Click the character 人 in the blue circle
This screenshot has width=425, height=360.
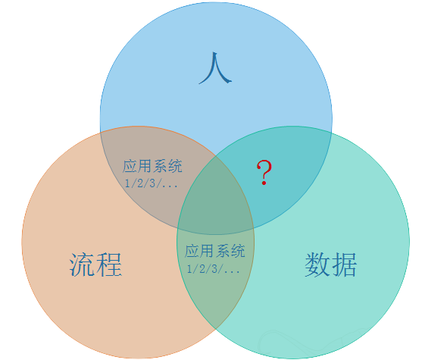pyautogui.click(x=215, y=68)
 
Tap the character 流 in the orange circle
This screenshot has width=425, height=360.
pyautogui.click(x=83, y=265)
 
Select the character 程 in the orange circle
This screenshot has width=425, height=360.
pyautogui.click(x=109, y=265)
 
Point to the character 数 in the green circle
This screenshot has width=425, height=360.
pyautogui.click(x=317, y=265)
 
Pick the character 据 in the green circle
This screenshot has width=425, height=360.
pyautogui.click(x=344, y=265)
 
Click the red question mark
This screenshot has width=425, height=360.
pyautogui.click(x=264, y=172)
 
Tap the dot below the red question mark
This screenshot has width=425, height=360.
pyautogui.click(x=264, y=183)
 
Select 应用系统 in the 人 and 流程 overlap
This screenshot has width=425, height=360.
pyautogui.click(x=152, y=166)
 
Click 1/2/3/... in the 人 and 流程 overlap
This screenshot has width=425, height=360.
pyautogui.click(x=152, y=183)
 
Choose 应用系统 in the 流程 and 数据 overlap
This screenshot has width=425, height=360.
pyautogui.click(x=215, y=251)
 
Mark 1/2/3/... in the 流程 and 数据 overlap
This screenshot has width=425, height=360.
pyautogui.click(x=214, y=268)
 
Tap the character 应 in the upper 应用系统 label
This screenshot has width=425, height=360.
pyautogui.click(x=130, y=166)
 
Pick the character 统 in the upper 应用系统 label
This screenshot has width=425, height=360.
pyautogui.click(x=175, y=166)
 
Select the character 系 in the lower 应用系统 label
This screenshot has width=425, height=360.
pyautogui.click(x=223, y=251)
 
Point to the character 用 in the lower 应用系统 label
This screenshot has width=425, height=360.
pyautogui.click(x=208, y=251)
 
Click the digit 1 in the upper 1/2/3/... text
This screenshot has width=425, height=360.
pyautogui.click(x=127, y=183)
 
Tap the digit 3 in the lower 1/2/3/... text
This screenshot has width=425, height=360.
pyautogui.click(x=214, y=268)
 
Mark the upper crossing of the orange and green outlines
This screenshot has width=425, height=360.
pyautogui.click(x=216, y=155)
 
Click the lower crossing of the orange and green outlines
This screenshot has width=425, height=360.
pyautogui.click(x=215, y=329)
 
